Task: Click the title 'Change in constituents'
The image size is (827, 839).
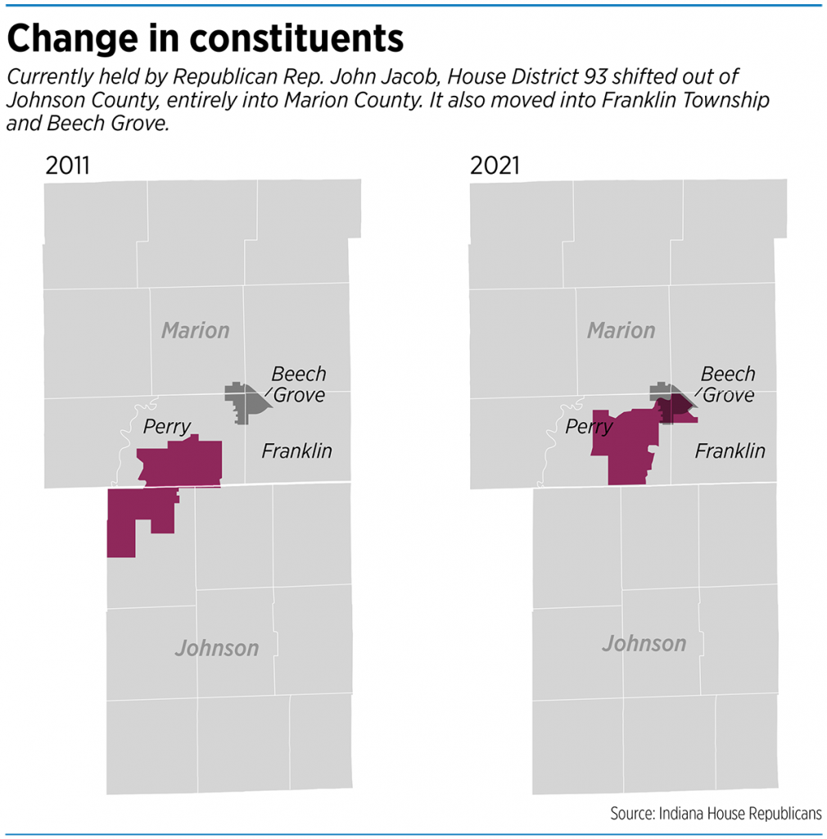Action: click(205, 38)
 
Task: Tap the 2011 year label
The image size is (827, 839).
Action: click(67, 166)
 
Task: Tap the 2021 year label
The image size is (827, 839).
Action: click(495, 166)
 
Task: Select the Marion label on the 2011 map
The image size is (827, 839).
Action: click(195, 330)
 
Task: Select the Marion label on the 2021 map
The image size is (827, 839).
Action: click(621, 330)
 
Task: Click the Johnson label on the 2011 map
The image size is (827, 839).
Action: click(217, 648)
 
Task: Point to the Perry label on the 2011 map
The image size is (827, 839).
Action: click(166, 426)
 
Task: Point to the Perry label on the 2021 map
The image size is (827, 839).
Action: click(590, 427)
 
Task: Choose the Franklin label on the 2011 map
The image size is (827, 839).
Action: click(296, 451)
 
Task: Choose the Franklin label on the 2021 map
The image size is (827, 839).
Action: click(730, 451)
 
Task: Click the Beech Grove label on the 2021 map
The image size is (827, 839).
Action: click(727, 384)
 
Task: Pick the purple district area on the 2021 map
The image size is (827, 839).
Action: click(628, 447)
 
